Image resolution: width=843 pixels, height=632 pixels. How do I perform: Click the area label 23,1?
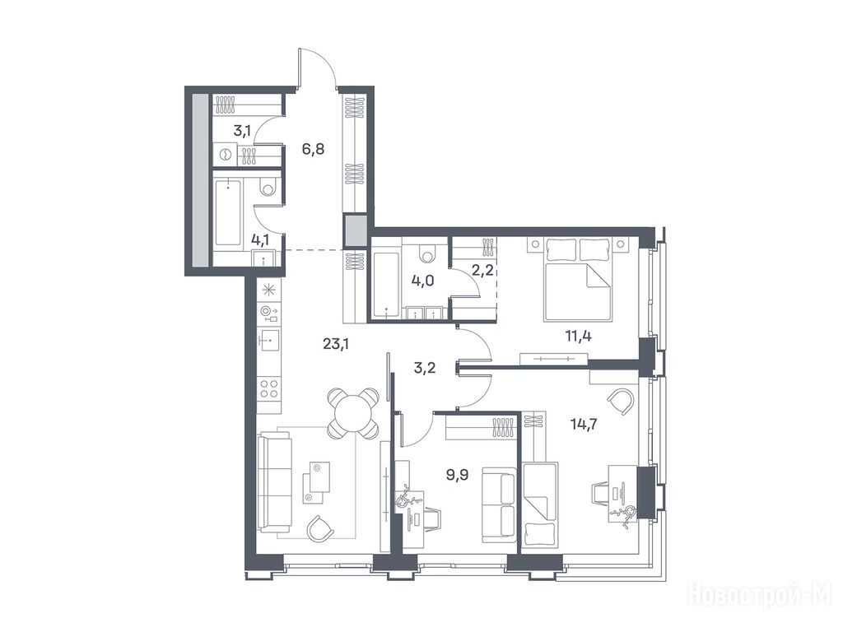pyautogui.click(x=336, y=344)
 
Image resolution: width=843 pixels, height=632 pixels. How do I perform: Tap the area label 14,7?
pyautogui.click(x=584, y=424)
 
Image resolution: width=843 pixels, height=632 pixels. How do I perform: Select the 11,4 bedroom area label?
pyautogui.click(x=579, y=337)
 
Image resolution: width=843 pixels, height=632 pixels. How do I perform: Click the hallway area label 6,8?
pyautogui.click(x=313, y=149)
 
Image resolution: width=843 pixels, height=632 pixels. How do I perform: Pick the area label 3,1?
pyautogui.click(x=242, y=130)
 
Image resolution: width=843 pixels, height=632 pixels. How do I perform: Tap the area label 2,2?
pyautogui.click(x=482, y=270)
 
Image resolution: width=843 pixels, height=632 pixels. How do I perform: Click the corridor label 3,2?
pyautogui.click(x=425, y=368)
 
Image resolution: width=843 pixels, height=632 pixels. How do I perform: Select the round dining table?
pyautogui.click(x=353, y=413)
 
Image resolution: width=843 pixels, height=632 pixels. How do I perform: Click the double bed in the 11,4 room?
pyautogui.click(x=578, y=280)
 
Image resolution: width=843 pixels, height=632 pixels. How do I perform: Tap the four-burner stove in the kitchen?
pyautogui.click(x=269, y=389)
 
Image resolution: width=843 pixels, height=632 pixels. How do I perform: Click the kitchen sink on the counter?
pyautogui.click(x=269, y=340)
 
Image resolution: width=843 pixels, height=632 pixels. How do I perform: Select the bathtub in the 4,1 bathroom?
pyautogui.click(x=228, y=213)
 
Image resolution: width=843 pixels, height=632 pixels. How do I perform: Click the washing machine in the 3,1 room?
pyautogui.click(x=226, y=155)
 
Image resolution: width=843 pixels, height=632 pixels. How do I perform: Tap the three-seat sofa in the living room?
pyautogui.click(x=275, y=482)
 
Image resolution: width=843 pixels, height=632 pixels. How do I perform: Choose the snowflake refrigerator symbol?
pyautogui.click(x=268, y=290)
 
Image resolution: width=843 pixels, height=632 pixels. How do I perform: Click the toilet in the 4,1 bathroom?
pyautogui.click(x=268, y=188)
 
